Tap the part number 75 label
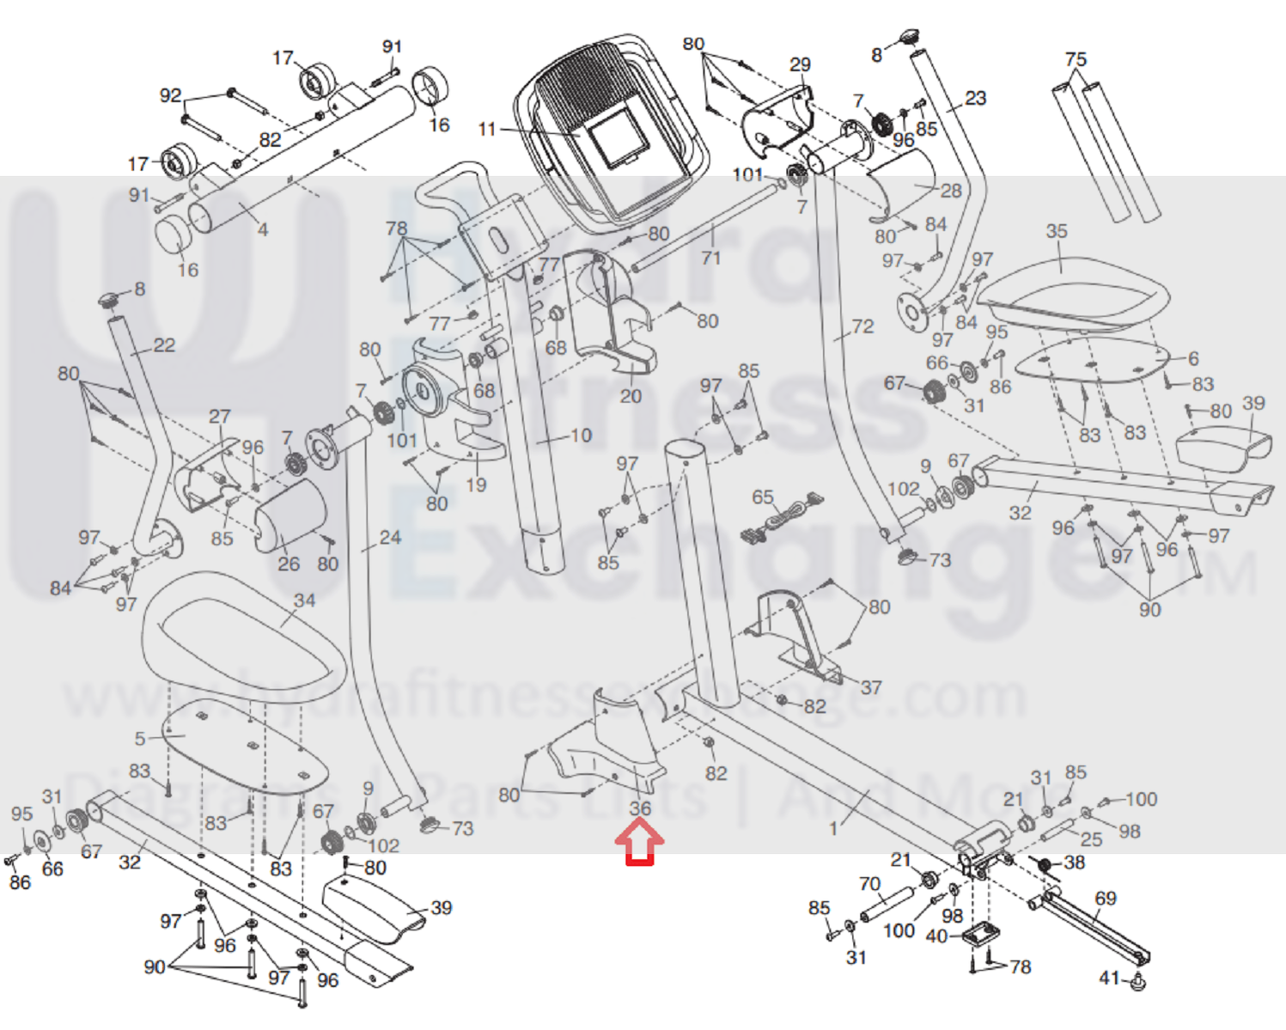coord(1076,59)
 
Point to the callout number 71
coord(711,257)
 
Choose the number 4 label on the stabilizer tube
coord(263,229)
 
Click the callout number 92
coord(171,95)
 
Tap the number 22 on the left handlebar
coord(163,345)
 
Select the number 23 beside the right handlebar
coord(975,98)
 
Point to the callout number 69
coord(1106,899)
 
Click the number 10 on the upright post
coord(581,436)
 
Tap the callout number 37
coord(871,687)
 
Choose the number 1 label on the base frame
coord(833,828)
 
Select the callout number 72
coord(862,326)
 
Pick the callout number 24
coord(390,538)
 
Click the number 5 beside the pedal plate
coord(140,738)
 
